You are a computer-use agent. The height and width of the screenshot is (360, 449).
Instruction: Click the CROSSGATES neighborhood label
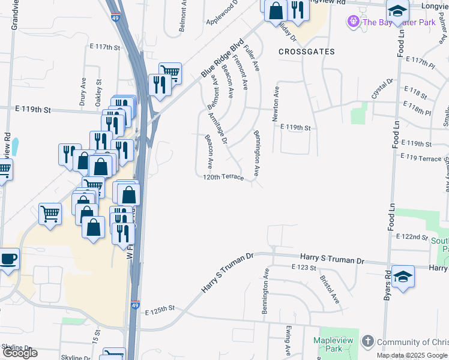coord(307,52)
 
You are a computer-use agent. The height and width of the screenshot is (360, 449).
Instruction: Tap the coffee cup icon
coord(8,259)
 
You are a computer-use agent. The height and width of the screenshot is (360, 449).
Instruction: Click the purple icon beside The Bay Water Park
coord(353,22)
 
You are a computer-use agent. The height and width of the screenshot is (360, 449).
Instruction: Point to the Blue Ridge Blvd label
coord(223,59)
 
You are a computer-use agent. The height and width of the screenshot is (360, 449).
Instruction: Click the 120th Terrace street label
coord(223,178)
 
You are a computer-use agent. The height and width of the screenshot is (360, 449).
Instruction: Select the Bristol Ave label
coord(330,290)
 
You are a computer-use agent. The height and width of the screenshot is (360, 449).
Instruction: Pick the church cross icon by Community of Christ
coord(368,342)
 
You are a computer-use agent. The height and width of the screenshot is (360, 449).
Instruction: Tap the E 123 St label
coord(303,266)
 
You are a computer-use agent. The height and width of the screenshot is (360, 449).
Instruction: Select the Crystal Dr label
coord(382,88)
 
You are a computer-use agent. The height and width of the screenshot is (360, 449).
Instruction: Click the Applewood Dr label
coord(222,11)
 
